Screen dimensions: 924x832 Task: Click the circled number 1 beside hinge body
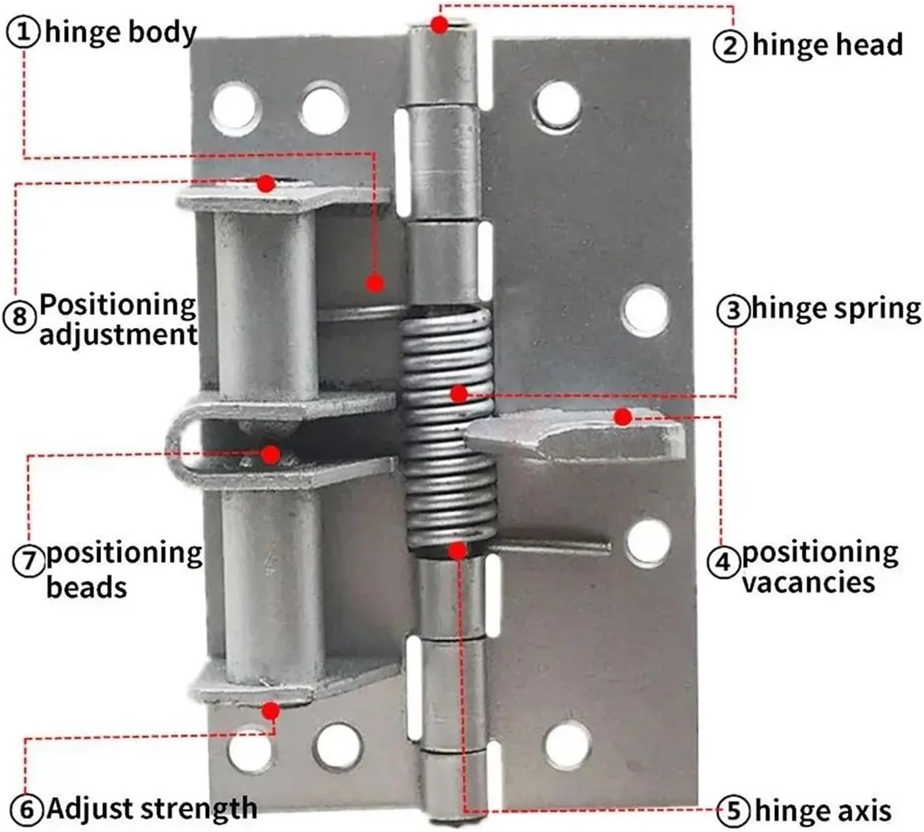(x=24, y=32)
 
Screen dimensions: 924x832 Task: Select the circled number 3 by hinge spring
(x=733, y=310)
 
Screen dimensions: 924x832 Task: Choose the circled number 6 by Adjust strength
(x=27, y=810)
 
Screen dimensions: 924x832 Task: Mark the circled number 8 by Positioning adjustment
(x=20, y=317)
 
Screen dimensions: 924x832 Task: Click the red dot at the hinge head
(x=441, y=25)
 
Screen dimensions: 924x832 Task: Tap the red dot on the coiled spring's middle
(x=459, y=393)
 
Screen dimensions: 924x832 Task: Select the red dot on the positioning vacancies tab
(x=623, y=417)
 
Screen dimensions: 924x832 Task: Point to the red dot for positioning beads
(x=271, y=454)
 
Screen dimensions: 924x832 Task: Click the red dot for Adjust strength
(x=271, y=710)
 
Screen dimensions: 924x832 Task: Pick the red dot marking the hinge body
(x=374, y=283)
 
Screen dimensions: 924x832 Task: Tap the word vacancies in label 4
(x=808, y=582)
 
